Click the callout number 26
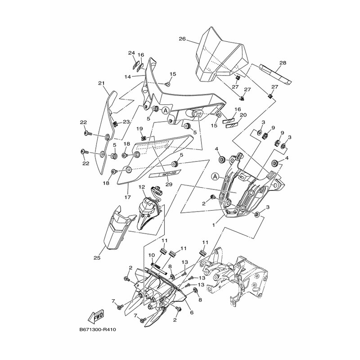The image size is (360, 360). click(x=182, y=39)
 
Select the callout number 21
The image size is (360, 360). click(x=101, y=83)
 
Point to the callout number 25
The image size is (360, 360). click(x=97, y=258)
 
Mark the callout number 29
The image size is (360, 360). click(x=169, y=184)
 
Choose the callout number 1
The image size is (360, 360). click(x=214, y=223)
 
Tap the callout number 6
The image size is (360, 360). click(x=192, y=312)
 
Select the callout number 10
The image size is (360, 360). click(x=152, y=255)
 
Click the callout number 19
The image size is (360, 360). click(x=140, y=129)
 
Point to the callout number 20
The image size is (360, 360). click(x=243, y=115)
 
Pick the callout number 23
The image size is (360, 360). click(x=126, y=121)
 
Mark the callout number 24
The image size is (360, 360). click(x=131, y=53)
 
